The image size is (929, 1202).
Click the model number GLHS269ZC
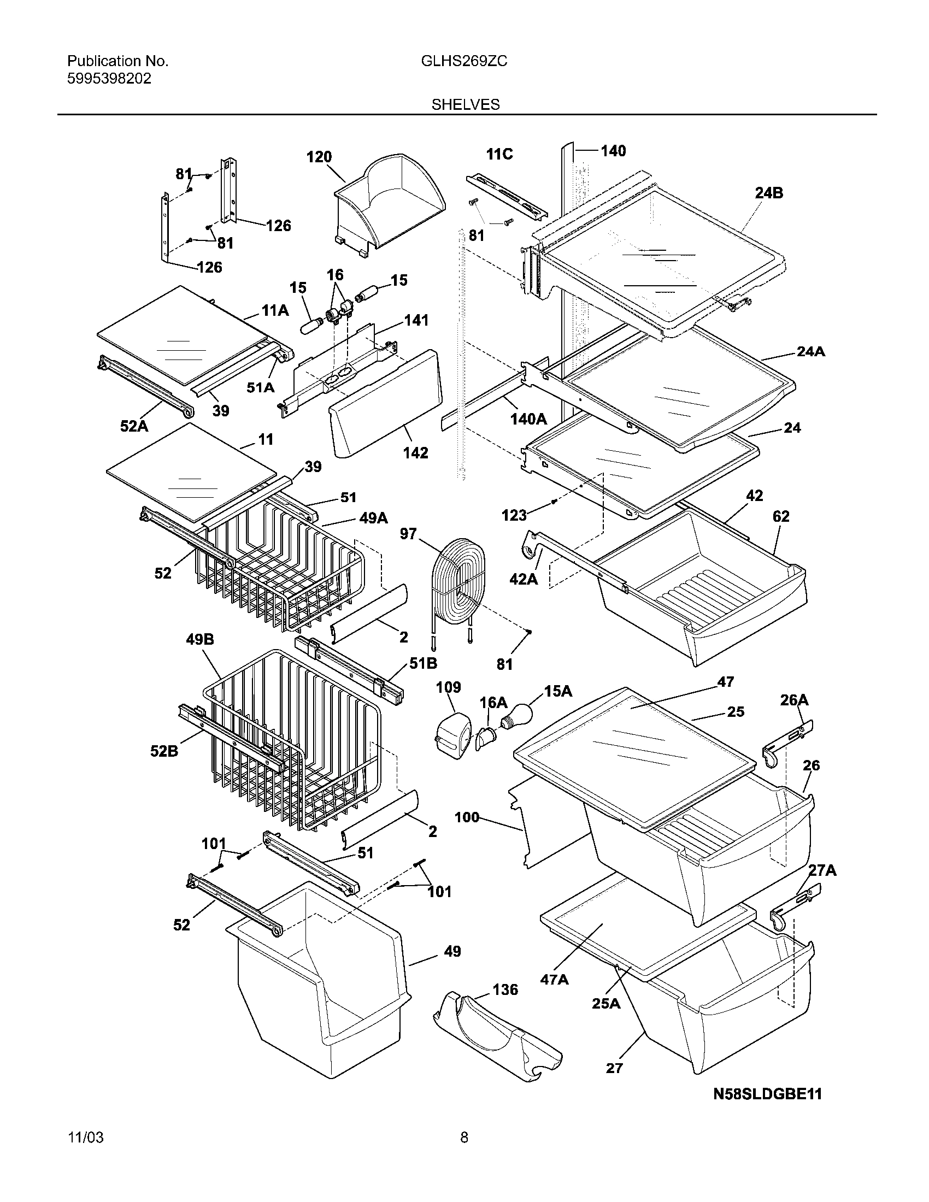[x=464, y=62]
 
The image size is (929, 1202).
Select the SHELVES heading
[x=465, y=104]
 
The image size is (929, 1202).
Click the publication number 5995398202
[x=109, y=79]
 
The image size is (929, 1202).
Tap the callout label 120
[x=319, y=157]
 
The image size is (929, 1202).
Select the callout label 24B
[x=769, y=193]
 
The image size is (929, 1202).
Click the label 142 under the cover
[x=415, y=452]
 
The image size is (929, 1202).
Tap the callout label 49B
[x=200, y=640]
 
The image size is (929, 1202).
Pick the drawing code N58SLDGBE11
[x=767, y=1094]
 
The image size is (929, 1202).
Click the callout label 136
[x=505, y=989]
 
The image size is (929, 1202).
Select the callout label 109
[x=449, y=687]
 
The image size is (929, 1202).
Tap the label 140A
[x=528, y=420]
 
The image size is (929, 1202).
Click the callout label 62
[x=780, y=516]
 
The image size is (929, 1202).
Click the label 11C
[x=499, y=154]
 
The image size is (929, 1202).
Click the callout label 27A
[x=822, y=870]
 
